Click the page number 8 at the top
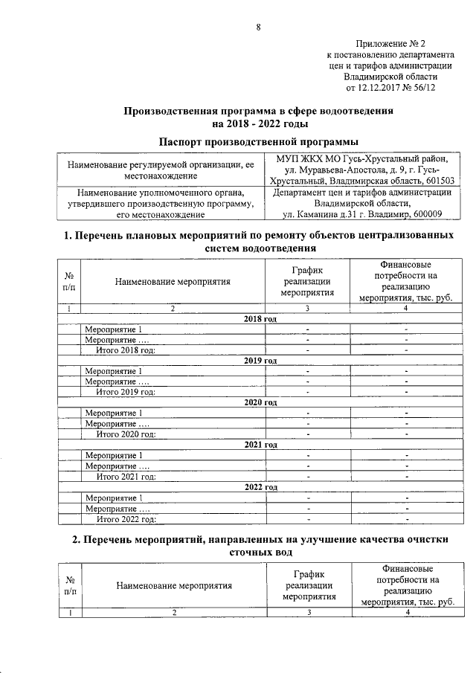[x=259, y=28]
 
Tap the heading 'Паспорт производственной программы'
[x=259, y=140]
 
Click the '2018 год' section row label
[x=260, y=318]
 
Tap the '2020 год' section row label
[x=260, y=402]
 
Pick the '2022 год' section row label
[x=260, y=487]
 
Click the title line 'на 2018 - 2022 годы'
[x=259, y=123]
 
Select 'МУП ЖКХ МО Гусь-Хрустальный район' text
[x=362, y=158]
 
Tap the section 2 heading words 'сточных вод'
[x=259, y=553]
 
